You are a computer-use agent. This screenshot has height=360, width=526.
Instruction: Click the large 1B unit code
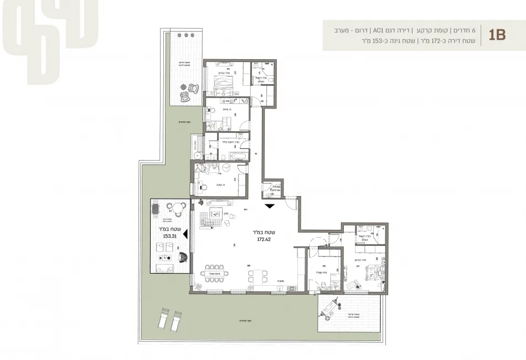click(497, 35)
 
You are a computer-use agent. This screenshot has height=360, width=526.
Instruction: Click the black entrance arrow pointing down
click(269, 206)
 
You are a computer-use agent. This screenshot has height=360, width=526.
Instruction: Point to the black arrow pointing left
click(187, 235)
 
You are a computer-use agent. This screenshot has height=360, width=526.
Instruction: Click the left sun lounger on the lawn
click(163, 318)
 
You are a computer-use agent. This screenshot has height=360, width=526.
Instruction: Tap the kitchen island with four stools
click(257, 277)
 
